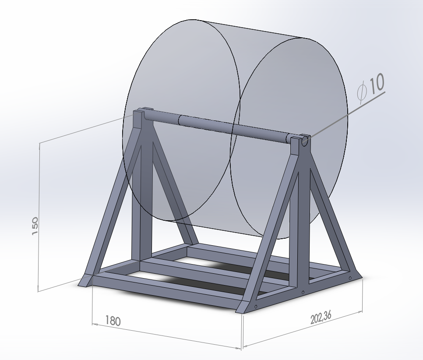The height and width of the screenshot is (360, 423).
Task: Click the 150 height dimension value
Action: [x=35, y=226]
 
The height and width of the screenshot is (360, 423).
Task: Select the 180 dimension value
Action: [x=113, y=321]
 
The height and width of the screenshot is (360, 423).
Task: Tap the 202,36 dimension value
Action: [x=321, y=318]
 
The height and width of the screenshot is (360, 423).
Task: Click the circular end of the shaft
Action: [x=305, y=141]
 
